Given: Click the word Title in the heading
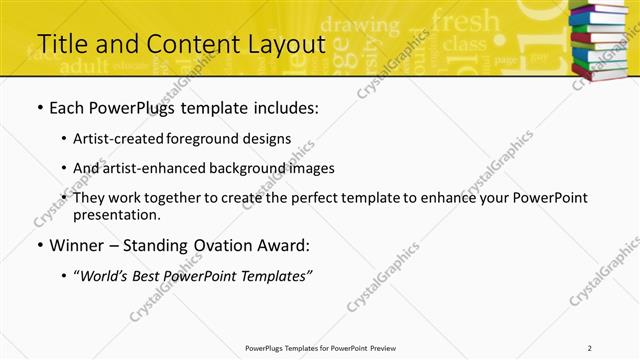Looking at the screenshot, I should coord(62,44).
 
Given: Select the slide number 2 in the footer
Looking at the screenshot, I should coord(590,348).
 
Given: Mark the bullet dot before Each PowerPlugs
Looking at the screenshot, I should coord(39,108).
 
